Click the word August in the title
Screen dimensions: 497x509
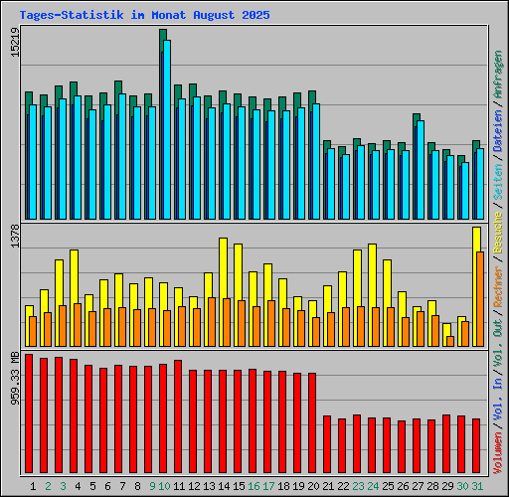pyautogui.click(x=207, y=16)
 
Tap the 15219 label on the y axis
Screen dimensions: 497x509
pyautogui.click(x=14, y=44)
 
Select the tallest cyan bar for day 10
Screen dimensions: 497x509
pyautogui.click(x=167, y=129)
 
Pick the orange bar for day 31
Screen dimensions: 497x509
pyautogui.click(x=480, y=298)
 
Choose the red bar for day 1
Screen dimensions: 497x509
pyautogui.click(x=29, y=414)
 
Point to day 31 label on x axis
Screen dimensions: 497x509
pyautogui.click(x=477, y=486)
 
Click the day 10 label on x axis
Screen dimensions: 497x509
pyautogui.click(x=164, y=486)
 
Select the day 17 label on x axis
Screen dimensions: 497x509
pyautogui.click(x=268, y=486)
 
